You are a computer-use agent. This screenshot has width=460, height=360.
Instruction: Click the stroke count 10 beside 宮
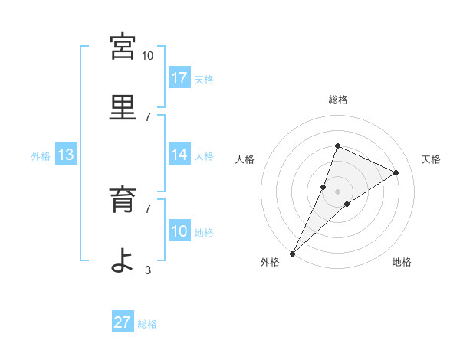147,56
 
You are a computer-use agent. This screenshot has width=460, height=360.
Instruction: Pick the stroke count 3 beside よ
147,270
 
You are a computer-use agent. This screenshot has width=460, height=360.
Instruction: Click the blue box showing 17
179,77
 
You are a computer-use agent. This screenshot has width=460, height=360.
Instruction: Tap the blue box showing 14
179,155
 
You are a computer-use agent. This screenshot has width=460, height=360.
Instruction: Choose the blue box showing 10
179,231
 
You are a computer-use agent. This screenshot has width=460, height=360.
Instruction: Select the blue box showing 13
66,155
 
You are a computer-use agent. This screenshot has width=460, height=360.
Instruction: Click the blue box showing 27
123,322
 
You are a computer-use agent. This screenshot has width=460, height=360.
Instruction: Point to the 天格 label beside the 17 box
204,79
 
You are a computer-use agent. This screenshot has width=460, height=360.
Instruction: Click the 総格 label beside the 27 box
147,324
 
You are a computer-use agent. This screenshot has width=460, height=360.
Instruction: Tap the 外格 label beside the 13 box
41,156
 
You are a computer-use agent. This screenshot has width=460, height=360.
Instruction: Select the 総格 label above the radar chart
337,100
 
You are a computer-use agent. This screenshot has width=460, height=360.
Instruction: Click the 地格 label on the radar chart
402,263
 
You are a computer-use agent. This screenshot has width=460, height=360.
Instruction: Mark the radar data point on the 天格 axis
396,173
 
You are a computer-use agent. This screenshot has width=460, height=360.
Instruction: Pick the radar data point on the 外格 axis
293,253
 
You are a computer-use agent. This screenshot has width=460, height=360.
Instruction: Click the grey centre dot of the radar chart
337,191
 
